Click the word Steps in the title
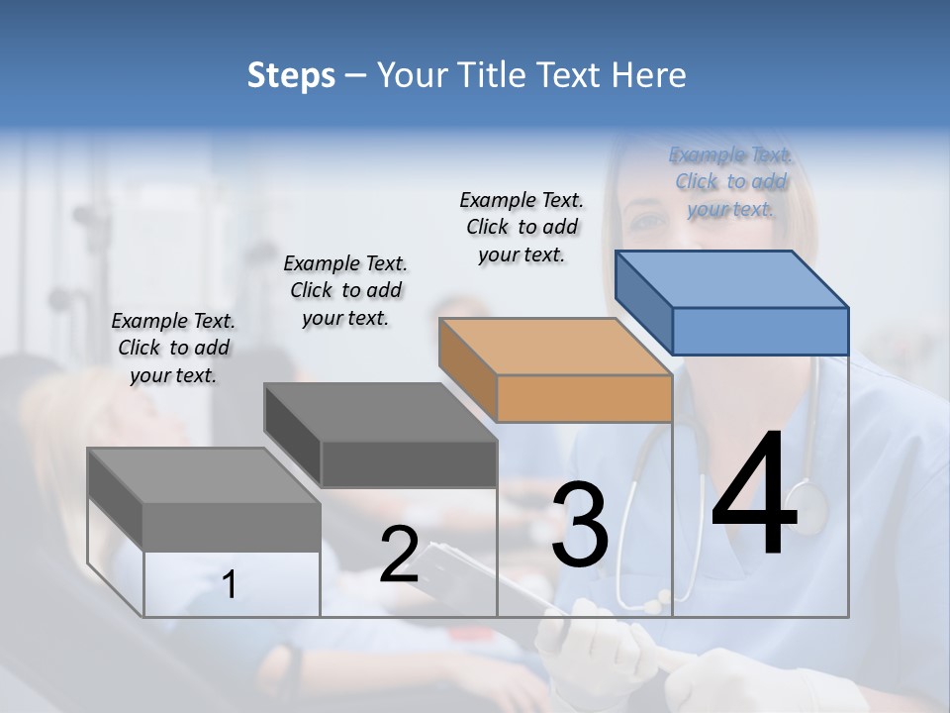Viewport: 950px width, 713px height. [291, 75]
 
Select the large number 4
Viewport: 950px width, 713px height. [754, 496]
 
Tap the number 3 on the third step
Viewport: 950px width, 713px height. [579, 524]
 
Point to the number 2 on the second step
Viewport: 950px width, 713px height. [399, 554]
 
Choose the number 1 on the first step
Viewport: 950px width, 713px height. [230, 585]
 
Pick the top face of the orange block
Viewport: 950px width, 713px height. [554, 347]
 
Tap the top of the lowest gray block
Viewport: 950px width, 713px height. [203, 475]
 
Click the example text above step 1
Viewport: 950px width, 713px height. [173, 348]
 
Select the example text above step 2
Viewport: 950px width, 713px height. [345, 290]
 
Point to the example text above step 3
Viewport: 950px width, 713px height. [522, 227]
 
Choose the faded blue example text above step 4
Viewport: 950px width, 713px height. [730, 181]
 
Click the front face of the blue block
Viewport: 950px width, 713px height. [760, 331]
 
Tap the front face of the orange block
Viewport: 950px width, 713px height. [584, 399]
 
